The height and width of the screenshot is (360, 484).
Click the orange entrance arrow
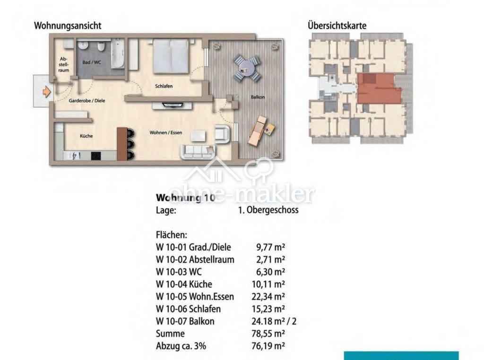tap(46, 92)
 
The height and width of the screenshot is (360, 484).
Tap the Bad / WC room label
tap(92, 62)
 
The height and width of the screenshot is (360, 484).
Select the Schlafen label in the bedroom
tap(164, 86)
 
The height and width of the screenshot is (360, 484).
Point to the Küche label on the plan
tap(86, 136)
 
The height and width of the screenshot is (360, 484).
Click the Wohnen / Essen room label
tap(166, 132)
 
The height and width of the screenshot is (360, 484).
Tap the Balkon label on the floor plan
tap(258, 97)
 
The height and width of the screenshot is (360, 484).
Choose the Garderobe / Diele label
tap(87, 101)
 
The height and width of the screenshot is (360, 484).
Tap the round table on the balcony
tap(247, 69)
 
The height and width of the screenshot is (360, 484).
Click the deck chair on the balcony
tap(258, 132)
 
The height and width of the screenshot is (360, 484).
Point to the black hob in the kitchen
tap(96, 156)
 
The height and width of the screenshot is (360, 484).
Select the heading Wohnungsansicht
tap(68, 26)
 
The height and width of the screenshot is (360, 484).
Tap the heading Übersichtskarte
tap(337, 26)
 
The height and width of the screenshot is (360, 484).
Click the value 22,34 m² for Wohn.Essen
tap(268, 296)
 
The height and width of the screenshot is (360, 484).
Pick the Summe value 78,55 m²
tap(268, 334)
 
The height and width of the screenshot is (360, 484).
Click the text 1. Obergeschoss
tap(268, 210)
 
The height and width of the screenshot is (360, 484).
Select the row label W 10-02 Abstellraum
tap(195, 259)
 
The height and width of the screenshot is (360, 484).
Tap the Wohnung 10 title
tap(185, 197)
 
